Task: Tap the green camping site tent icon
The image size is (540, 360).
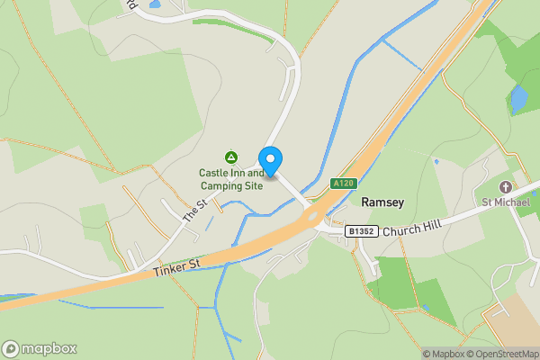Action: click(x=231, y=157)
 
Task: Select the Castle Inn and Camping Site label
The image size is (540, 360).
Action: click(x=231, y=180)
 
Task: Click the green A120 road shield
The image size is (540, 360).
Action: click(x=340, y=183)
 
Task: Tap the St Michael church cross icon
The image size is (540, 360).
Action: click(x=505, y=187)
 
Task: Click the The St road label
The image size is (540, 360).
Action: click(x=194, y=211)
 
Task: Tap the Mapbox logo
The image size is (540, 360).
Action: click(x=40, y=348)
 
